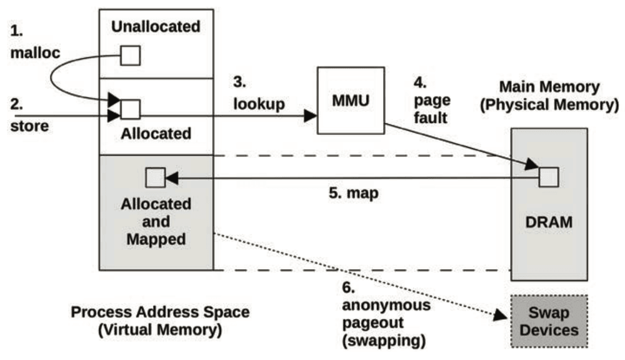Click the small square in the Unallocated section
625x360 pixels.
pyautogui.click(x=130, y=56)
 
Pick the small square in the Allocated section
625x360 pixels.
pyautogui.click(x=130, y=109)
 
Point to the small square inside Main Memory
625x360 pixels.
pyautogui.click(x=548, y=177)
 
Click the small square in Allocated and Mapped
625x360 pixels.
pyautogui.click(x=154, y=177)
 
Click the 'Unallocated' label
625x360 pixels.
pyautogui.click(x=156, y=27)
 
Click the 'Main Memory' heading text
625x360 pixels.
pyautogui.click(x=547, y=87)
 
